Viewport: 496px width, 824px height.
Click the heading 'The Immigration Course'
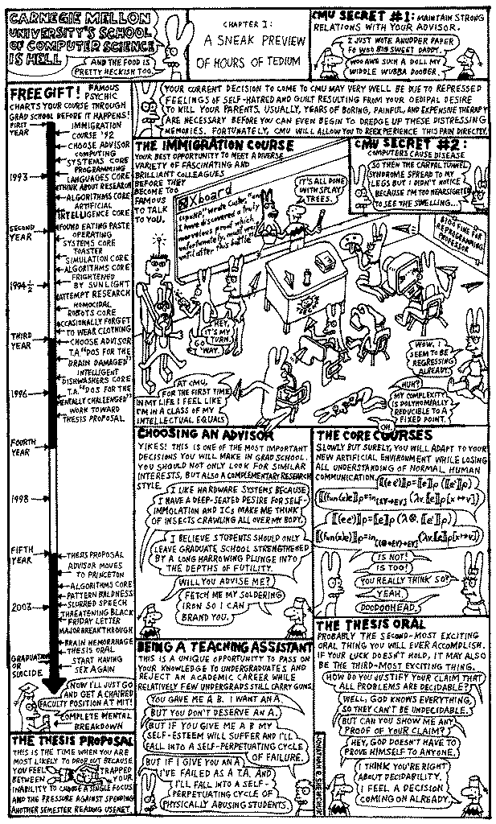click(x=200, y=146)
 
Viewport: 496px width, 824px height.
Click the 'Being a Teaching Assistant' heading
click(x=223, y=646)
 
